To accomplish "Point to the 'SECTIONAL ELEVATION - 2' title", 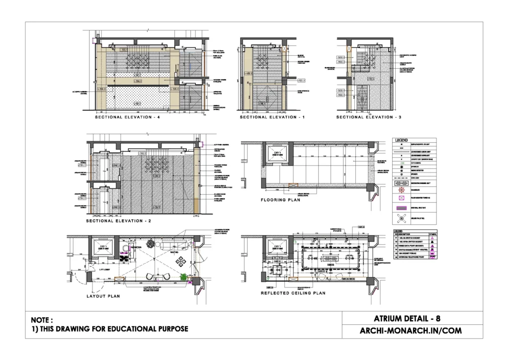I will point(119,220).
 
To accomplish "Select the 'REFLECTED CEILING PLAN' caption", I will point(293,293).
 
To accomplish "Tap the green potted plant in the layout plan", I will point(183,277).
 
